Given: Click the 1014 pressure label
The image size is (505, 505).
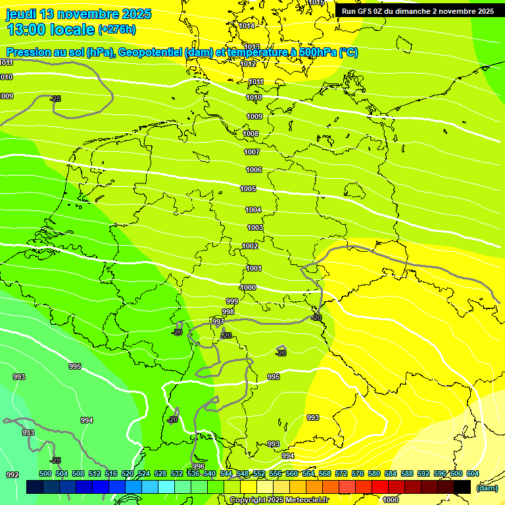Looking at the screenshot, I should pyautogui.click(x=247, y=26).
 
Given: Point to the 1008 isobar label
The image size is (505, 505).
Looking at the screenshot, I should pyautogui.click(x=251, y=133).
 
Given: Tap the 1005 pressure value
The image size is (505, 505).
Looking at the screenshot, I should pyautogui.click(x=248, y=189).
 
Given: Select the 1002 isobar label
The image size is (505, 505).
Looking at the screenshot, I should pyautogui.click(x=250, y=246).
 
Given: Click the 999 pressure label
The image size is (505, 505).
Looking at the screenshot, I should pyautogui.click(x=232, y=301).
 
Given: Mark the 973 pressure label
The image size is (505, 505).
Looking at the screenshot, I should pyautogui.click(x=28, y=433).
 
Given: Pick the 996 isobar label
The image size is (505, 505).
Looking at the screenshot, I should pyautogui.click(x=199, y=466).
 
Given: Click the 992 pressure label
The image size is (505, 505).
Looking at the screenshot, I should pyautogui.click(x=12, y=475).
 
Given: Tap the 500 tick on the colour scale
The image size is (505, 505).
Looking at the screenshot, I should pyautogui.click(x=45, y=473).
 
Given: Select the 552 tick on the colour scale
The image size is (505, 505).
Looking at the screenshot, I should pyautogui.click(x=259, y=473).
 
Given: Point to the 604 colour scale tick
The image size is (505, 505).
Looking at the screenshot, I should pyautogui.click(x=473, y=473).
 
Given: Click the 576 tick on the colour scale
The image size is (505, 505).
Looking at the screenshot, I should pyautogui.click(x=358, y=473).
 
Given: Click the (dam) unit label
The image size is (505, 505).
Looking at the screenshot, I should pyautogui.click(x=487, y=488).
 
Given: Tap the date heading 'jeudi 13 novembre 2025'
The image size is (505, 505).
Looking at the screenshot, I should pyautogui.click(x=78, y=14).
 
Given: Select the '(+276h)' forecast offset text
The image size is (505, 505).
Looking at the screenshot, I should pyautogui.click(x=117, y=29).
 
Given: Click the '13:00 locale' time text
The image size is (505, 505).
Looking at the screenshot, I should pyautogui.click(x=50, y=30).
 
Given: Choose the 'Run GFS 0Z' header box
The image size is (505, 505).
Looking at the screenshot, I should pyautogui.click(x=418, y=11).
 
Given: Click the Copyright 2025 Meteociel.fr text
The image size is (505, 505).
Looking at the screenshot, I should pyautogui.click(x=279, y=500).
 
